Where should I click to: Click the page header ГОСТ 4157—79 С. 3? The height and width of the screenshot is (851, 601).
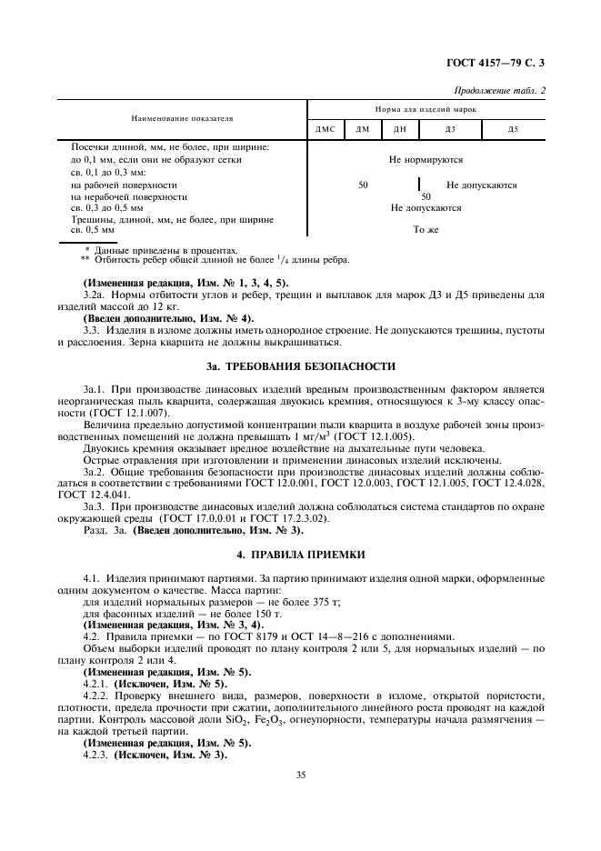pos(500,63)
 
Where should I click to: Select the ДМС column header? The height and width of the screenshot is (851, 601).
pos(325,130)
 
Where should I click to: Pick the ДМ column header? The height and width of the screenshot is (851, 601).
pos(362,130)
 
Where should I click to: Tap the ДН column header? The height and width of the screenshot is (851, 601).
pos(399,130)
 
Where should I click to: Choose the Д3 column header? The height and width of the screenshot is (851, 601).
pos(450,130)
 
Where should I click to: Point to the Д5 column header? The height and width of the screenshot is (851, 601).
pos(513,130)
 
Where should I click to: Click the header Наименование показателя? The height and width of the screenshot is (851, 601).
pos(182,118)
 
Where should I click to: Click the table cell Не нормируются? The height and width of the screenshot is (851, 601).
pos(426,160)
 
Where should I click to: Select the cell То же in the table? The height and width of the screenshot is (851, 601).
pos(426,230)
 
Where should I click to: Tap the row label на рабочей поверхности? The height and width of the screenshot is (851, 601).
pos(124,185)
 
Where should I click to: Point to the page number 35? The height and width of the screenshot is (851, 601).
pos(300,775)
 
